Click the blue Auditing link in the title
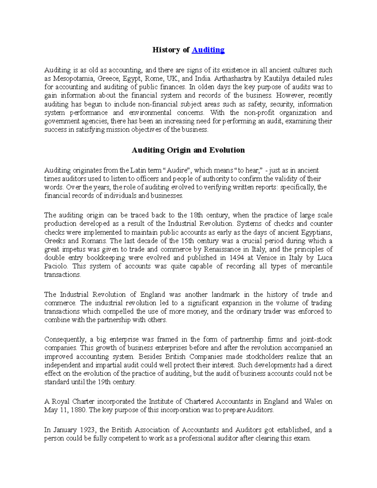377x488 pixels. pos(208,50)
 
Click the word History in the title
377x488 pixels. pos(166,50)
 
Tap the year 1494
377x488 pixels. pos(235,258)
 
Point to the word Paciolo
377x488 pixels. pos(56,266)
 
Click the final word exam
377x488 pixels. pos(302,438)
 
